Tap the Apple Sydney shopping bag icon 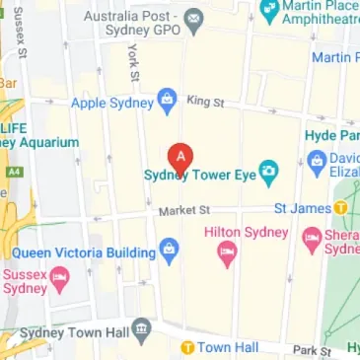tap(167, 100)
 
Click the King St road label tap(205, 101)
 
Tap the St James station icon tap(340, 208)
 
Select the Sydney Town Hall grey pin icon tap(144, 326)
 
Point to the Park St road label tap(312, 350)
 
